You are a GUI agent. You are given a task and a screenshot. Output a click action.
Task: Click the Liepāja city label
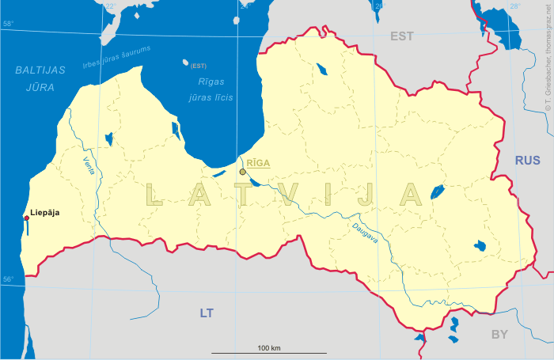click(x=44, y=213)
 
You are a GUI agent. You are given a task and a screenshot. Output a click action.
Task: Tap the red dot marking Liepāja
click(x=26, y=218)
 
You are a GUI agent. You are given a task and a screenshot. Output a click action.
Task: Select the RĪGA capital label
click(x=258, y=163)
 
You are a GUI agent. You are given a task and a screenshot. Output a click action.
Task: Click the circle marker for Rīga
click(x=243, y=172)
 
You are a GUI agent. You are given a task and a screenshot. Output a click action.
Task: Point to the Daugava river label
click(x=365, y=233)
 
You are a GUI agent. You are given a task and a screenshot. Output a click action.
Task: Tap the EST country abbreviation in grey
click(x=402, y=36)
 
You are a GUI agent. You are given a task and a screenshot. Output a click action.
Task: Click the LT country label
click(x=207, y=313)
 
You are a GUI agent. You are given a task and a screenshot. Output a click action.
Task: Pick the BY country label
click(x=499, y=335)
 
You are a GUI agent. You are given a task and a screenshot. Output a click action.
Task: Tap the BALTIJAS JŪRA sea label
click(x=40, y=78)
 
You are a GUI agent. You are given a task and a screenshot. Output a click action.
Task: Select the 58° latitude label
click(x=8, y=24)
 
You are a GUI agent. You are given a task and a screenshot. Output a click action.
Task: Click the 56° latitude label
click(x=8, y=279)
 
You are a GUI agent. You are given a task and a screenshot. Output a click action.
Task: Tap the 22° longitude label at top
click(x=110, y=6)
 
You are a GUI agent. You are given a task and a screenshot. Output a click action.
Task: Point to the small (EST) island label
click(x=199, y=66)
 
